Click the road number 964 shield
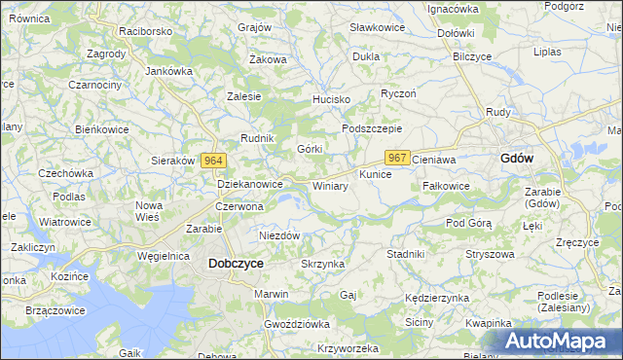215,161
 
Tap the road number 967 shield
396,158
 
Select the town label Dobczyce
236,263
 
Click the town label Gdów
516,158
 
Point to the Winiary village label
330,185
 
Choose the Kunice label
375,174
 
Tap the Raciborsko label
145,31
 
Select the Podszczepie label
372,128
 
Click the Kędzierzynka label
437,297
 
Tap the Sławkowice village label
378,28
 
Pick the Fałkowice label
447,185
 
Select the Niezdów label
279,235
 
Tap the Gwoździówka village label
297,323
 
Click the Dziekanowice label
250,183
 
